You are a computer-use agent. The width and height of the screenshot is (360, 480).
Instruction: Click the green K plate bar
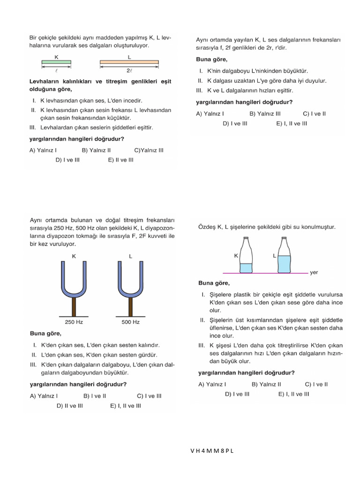point(56,61)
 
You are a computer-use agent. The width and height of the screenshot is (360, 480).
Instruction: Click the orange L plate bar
point(129,61)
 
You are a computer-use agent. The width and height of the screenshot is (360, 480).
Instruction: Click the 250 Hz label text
point(74,322)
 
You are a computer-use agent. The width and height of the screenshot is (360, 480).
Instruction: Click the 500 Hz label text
point(130,322)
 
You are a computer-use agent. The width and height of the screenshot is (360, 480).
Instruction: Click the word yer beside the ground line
point(314,272)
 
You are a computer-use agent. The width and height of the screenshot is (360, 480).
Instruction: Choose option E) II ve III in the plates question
point(120,160)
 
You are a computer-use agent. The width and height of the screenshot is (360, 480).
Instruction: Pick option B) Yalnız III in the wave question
point(265,113)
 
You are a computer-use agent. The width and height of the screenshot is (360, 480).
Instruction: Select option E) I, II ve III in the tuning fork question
point(126,406)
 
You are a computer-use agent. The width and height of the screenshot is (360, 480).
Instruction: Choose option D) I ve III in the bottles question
point(237,394)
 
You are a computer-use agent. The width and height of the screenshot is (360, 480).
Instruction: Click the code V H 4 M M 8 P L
point(212,451)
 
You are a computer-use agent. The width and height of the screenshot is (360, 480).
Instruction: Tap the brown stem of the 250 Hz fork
point(74,307)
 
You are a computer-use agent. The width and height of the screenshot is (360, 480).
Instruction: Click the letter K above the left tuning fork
point(74,256)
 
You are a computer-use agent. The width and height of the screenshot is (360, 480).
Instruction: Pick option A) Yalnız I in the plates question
point(43,150)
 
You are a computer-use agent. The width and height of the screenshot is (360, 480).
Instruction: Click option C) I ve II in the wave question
point(314,113)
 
